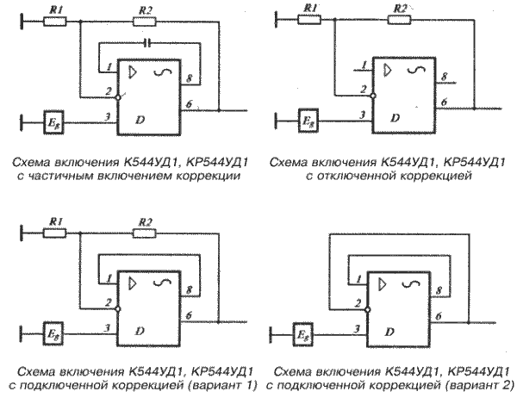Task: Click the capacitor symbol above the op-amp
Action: (x=147, y=41)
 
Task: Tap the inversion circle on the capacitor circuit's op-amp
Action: (x=120, y=98)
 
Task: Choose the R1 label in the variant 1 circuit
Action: (x=55, y=221)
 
